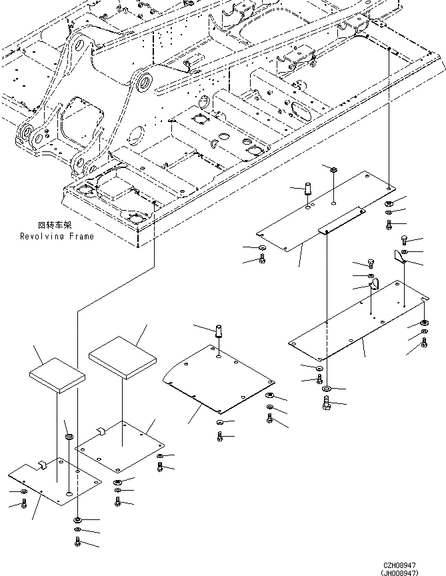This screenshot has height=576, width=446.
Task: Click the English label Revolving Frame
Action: point(57,236)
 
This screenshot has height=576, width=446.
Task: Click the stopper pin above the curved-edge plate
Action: point(218,331)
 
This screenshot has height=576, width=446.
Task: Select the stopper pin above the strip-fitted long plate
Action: point(309,188)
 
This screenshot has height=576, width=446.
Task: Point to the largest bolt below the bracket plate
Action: point(326,403)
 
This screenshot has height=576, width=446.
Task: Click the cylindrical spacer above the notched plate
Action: point(68,438)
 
